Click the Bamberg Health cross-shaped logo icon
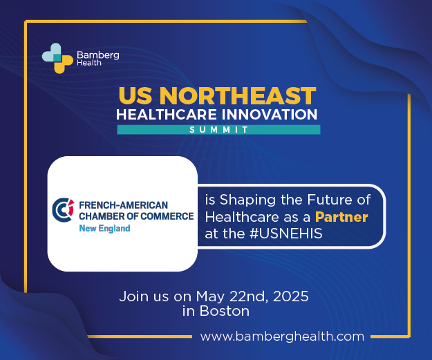coord(57,58)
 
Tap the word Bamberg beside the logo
coord(98,55)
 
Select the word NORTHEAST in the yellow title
coord(238,96)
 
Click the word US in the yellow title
coord(135,96)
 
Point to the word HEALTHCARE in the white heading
coord(167,115)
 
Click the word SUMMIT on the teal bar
coord(218,130)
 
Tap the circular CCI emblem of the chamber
coord(64,210)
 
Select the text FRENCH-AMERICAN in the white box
coord(124,205)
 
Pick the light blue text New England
coord(104,228)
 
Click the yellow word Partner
coord(341,217)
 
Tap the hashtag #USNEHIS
coord(286,234)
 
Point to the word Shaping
coord(247,200)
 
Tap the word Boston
coord(225,311)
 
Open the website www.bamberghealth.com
coord(282,337)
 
